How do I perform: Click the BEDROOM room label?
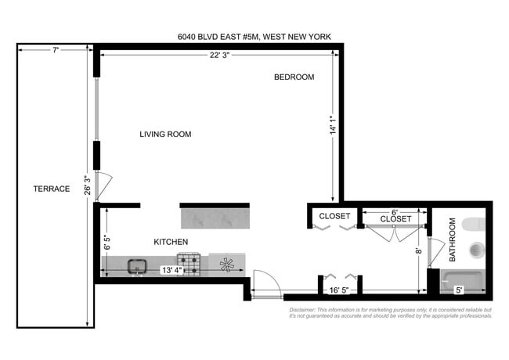(x=294, y=77)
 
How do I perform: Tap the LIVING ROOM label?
(x=165, y=135)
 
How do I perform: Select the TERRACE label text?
(x=52, y=189)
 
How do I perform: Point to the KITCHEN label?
(x=170, y=242)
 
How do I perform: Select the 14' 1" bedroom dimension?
(x=334, y=126)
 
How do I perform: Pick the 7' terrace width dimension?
(x=56, y=50)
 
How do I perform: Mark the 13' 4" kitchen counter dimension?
(x=173, y=271)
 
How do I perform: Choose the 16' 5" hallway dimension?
(x=339, y=290)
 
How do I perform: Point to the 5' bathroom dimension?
(x=459, y=290)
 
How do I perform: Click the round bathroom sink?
(x=476, y=251)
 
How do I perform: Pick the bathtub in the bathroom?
(x=463, y=279)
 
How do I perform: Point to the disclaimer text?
(x=390, y=312)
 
